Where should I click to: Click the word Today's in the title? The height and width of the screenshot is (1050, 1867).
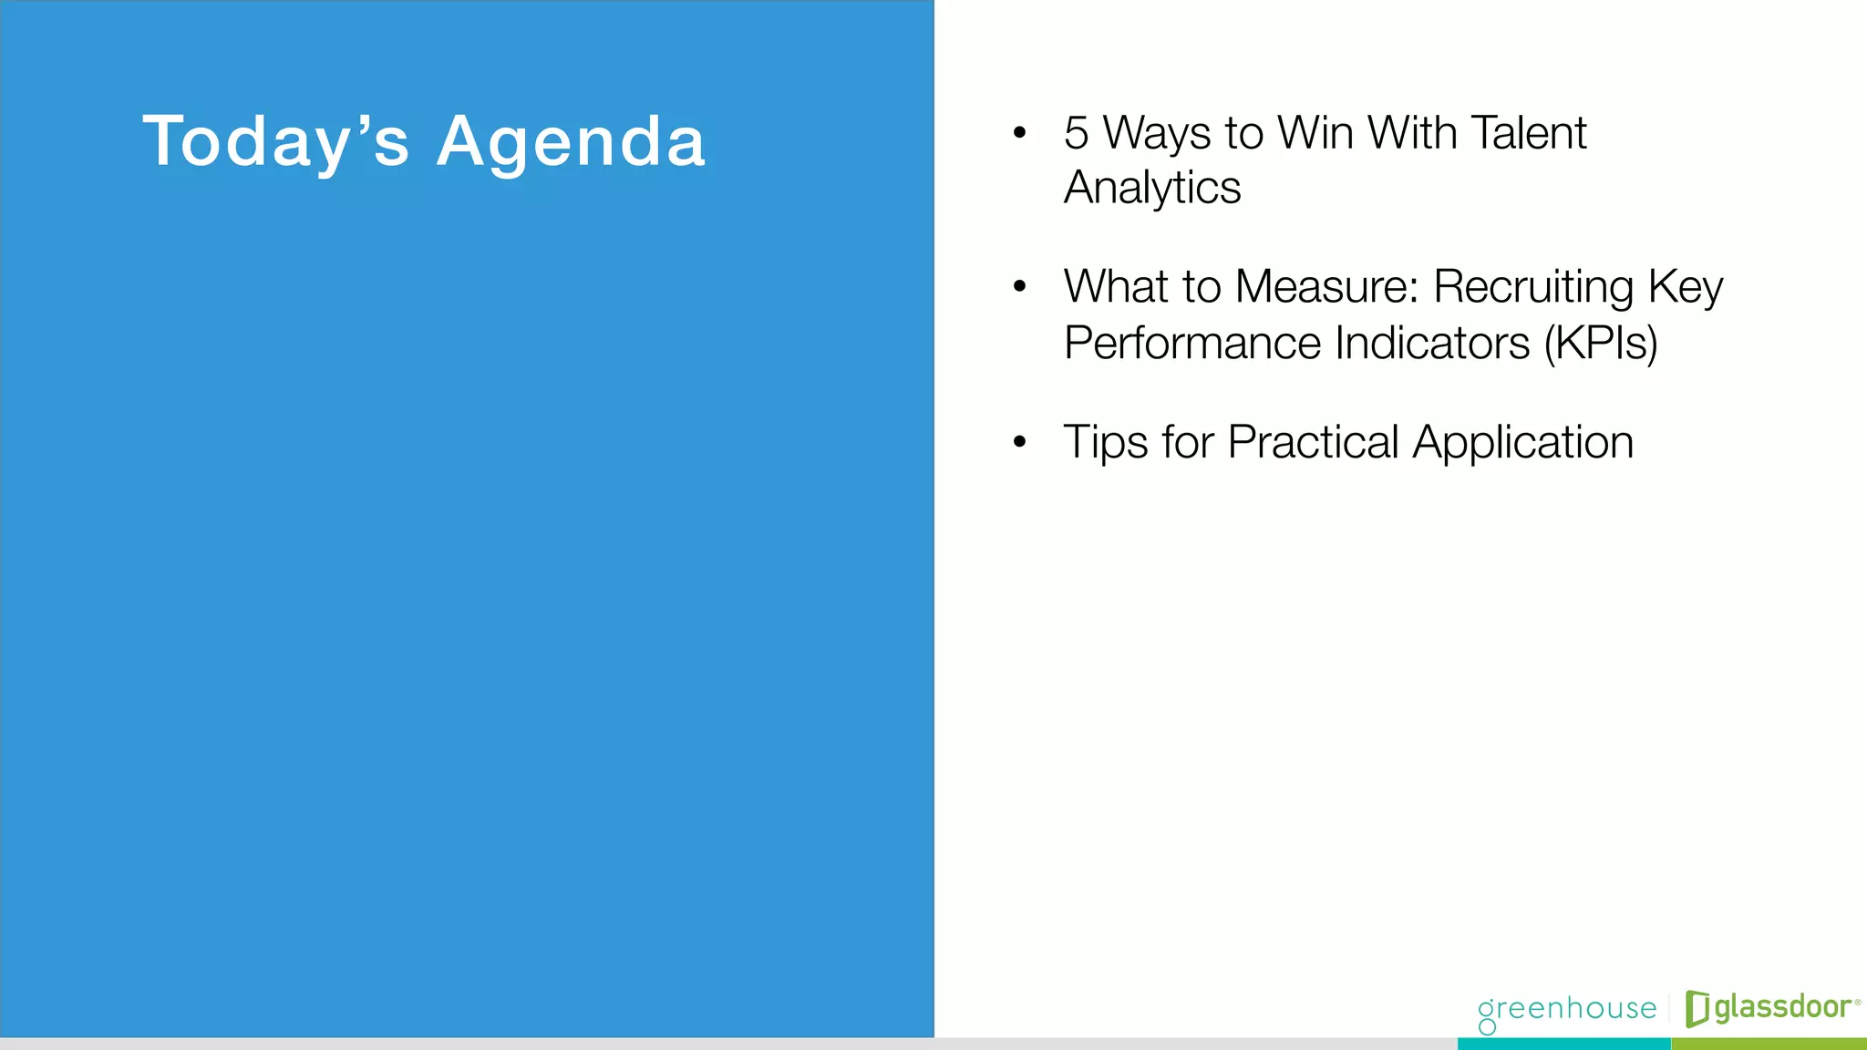(x=275, y=142)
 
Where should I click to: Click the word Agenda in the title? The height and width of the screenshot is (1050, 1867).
(x=571, y=142)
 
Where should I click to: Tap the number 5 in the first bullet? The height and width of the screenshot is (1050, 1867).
(x=1076, y=133)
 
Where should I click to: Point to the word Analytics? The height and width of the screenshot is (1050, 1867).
(x=1152, y=189)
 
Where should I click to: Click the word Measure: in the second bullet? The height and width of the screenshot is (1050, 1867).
(x=1327, y=286)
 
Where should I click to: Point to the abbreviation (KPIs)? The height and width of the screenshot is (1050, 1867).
(x=1601, y=344)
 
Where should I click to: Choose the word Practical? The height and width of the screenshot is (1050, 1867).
(x=1313, y=443)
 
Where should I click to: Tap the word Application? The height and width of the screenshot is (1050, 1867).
(x=1522, y=443)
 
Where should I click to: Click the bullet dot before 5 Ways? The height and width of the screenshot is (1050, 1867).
(x=1019, y=134)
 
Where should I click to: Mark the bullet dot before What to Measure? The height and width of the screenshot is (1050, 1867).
(x=1019, y=287)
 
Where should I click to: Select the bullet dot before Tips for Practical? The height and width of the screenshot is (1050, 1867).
(x=1019, y=443)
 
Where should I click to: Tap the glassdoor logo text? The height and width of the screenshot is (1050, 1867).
(x=1782, y=1007)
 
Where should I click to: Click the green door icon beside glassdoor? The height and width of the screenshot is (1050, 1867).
(x=1697, y=1008)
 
